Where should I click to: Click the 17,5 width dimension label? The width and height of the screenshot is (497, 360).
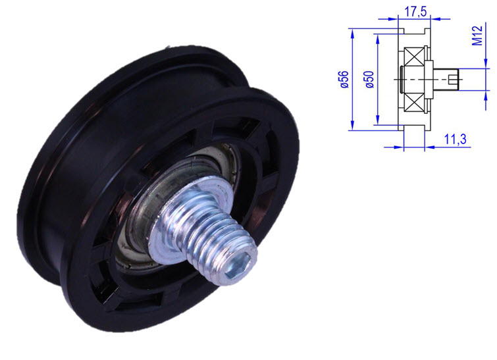(x=413, y=12)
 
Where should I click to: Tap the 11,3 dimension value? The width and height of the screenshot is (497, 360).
(x=456, y=139)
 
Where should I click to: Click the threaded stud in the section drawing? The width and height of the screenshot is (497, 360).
(x=445, y=80)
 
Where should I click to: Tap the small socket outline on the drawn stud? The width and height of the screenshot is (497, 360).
(x=452, y=80)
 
